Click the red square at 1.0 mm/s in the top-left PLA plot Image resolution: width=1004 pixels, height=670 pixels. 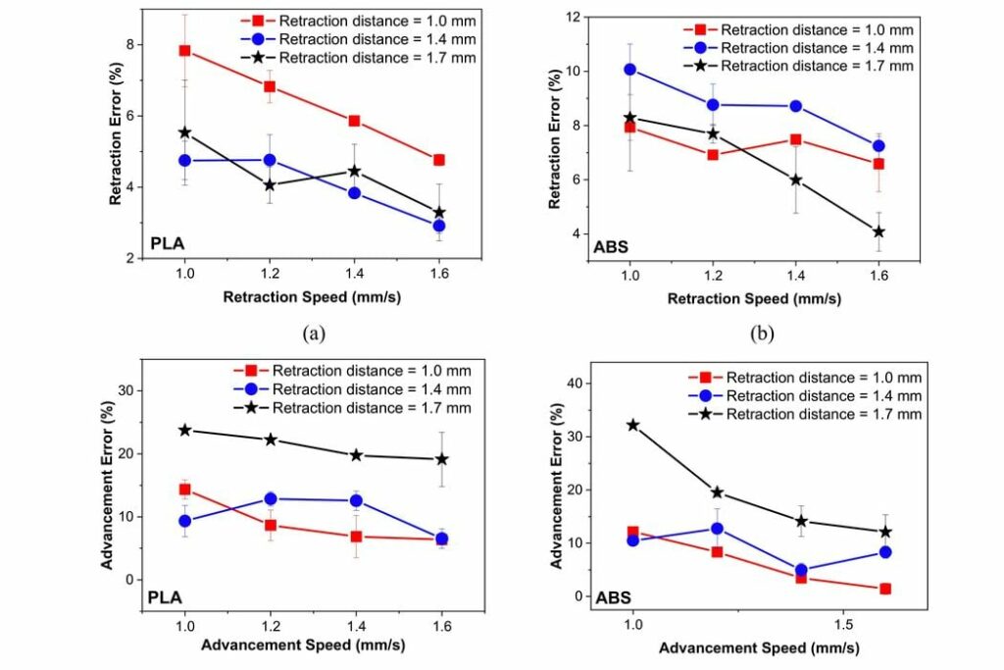(x=184, y=50)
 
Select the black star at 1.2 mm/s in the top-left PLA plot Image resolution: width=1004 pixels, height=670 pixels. (x=270, y=184)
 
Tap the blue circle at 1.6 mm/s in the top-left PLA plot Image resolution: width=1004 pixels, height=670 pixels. (x=439, y=226)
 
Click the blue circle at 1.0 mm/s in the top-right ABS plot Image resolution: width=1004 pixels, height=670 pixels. (x=629, y=70)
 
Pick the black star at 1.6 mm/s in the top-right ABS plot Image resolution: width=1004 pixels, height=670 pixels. (x=878, y=232)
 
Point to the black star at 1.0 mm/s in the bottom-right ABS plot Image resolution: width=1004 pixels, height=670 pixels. (x=632, y=425)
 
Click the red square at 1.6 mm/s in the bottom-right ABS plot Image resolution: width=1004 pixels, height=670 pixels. (x=884, y=589)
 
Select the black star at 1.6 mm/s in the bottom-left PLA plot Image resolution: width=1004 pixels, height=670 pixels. (x=441, y=459)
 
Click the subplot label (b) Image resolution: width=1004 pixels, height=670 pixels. (x=762, y=334)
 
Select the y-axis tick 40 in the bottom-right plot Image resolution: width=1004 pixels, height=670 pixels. (x=570, y=383)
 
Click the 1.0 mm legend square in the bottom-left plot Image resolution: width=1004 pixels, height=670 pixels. (x=250, y=371)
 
